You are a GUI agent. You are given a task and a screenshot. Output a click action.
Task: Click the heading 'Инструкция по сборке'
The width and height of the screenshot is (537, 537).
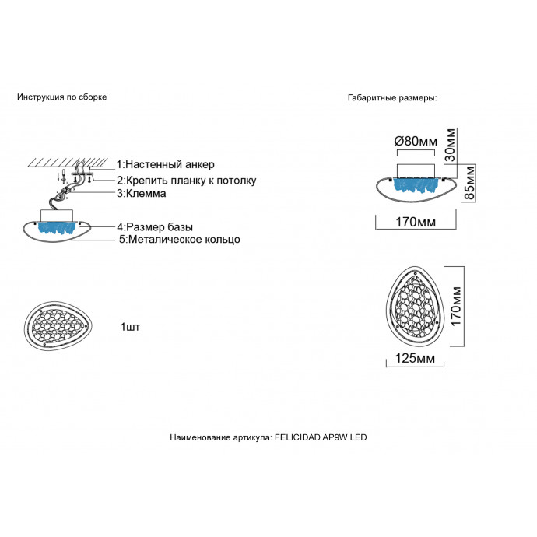coord(61,97)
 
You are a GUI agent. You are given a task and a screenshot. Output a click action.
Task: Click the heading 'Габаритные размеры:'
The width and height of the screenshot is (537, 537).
coord(392,99)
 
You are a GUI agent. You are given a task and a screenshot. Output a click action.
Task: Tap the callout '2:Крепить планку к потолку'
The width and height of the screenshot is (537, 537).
coord(186,181)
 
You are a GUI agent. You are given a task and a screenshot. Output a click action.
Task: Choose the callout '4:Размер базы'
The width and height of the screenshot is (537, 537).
coord(156,226)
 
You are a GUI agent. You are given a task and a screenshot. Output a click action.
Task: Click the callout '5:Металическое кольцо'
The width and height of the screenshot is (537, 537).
coord(180,240)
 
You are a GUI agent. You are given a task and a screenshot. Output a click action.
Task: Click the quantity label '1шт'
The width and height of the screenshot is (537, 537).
coord(131,325)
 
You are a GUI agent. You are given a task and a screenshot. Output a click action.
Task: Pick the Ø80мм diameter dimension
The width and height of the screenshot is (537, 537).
coord(416,141)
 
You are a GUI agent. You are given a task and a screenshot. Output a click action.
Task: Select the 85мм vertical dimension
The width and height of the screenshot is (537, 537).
coord(469,183)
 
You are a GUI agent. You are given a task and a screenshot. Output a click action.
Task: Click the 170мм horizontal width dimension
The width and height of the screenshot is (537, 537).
coord(415,223)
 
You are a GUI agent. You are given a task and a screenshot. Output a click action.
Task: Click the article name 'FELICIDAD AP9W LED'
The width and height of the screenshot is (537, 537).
coord(321,438)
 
